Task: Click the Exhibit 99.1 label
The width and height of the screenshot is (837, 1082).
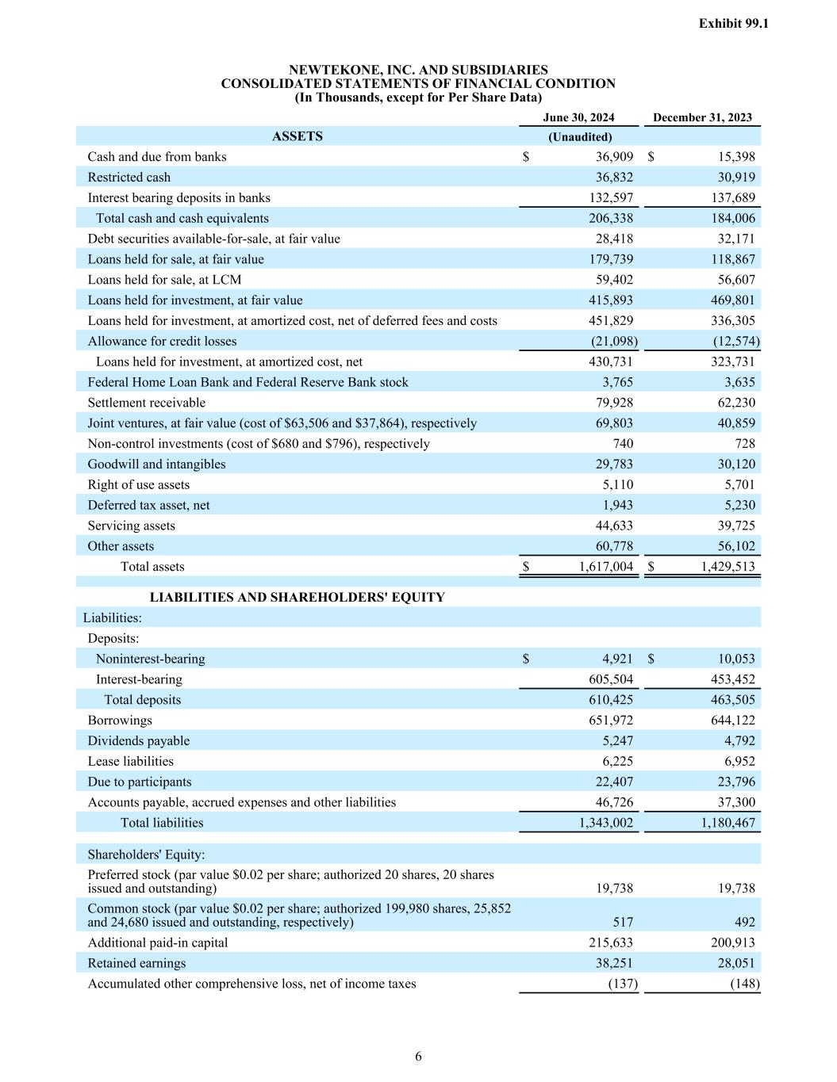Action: pyautogui.click(x=733, y=24)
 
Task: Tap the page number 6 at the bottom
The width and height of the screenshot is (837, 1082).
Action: pyautogui.click(x=418, y=1056)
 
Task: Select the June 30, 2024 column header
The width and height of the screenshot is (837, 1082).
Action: pyautogui.click(x=578, y=117)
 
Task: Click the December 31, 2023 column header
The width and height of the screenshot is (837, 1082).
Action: pyautogui.click(x=702, y=117)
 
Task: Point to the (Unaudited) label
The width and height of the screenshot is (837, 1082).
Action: pyautogui.click(x=580, y=137)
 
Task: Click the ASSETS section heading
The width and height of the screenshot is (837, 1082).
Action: pyautogui.click(x=297, y=136)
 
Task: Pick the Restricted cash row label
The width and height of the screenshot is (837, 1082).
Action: pyautogui.click(x=129, y=178)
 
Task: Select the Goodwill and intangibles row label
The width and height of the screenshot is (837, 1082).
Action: pyautogui.click(x=156, y=465)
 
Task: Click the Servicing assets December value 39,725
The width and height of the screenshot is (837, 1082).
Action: pyautogui.click(x=736, y=526)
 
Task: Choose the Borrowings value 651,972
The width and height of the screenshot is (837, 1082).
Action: pyautogui.click(x=609, y=721)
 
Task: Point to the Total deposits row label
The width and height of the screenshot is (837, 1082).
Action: pyautogui.click(x=142, y=700)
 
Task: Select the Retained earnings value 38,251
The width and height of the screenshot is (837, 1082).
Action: pyautogui.click(x=614, y=963)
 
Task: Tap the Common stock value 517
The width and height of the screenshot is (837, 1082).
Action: pyautogui.click(x=623, y=922)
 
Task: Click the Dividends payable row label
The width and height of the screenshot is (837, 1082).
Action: pyautogui.click(x=138, y=741)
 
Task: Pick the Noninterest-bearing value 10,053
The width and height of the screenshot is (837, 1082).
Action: pyautogui.click(x=736, y=659)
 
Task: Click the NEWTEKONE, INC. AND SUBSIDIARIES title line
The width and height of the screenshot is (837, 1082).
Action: pyautogui.click(x=418, y=70)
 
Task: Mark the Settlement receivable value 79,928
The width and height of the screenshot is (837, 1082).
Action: pyautogui.click(x=614, y=403)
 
